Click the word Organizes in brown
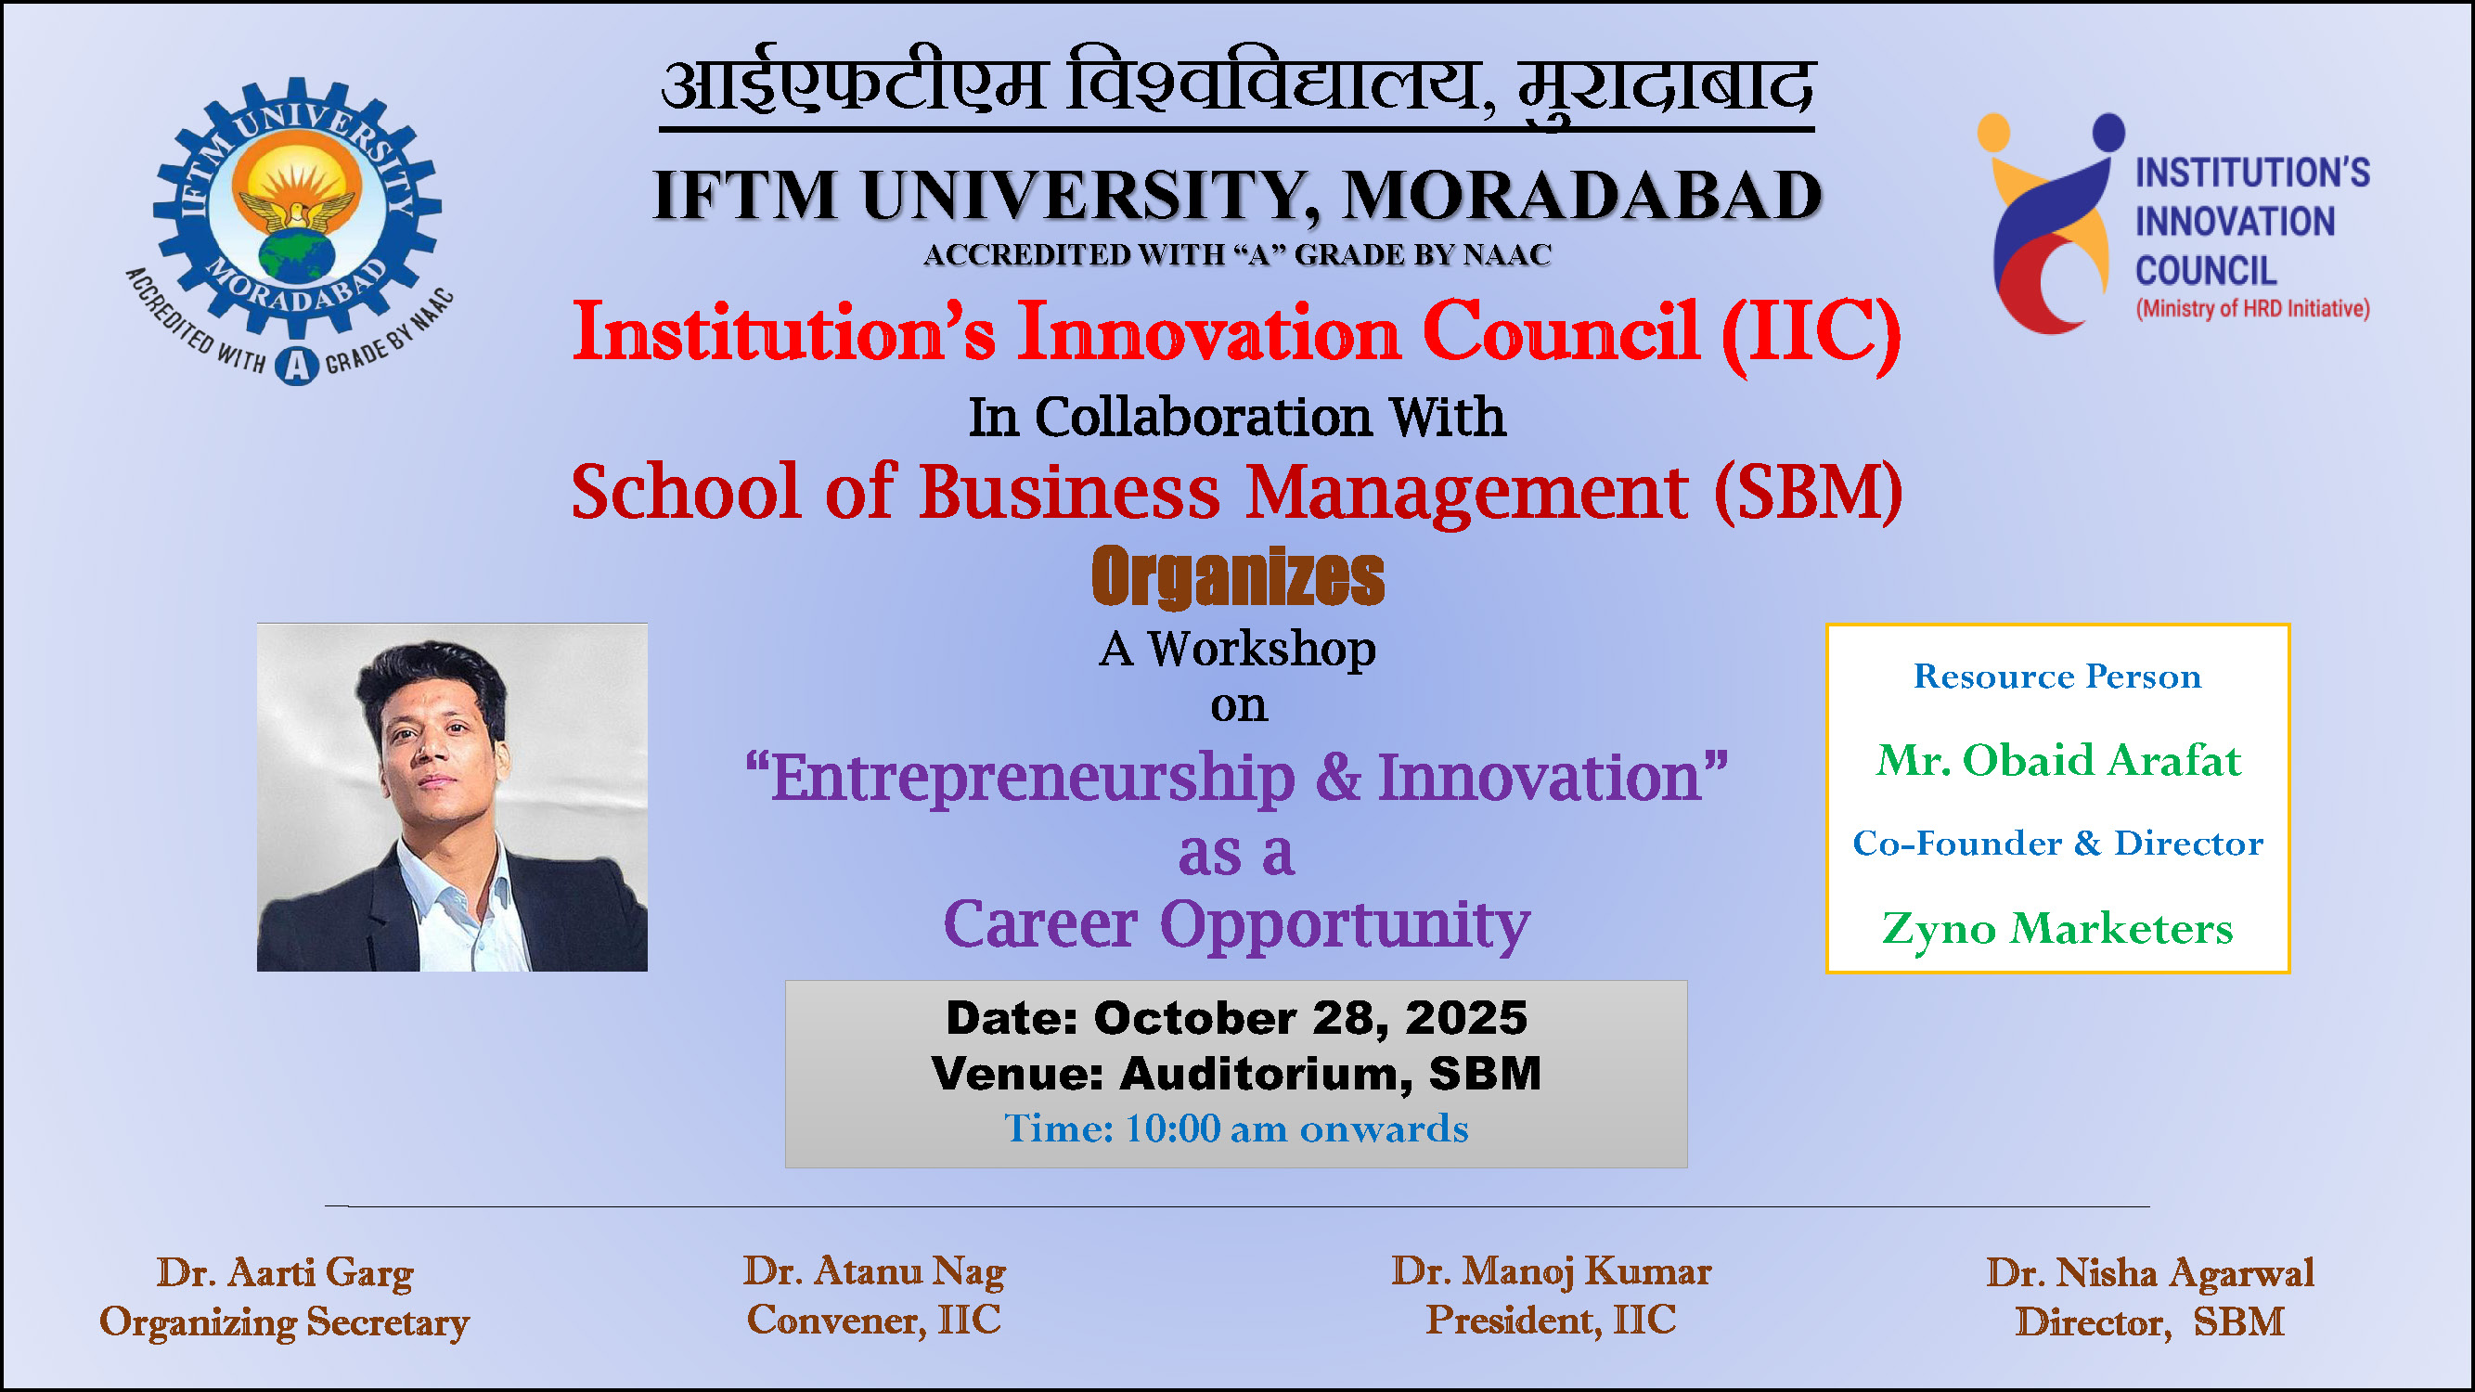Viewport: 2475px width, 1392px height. pyautogui.click(x=1238, y=576)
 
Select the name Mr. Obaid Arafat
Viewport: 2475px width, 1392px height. pyautogui.click(x=2058, y=760)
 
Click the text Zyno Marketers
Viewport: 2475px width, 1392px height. pyautogui.click(x=2057, y=928)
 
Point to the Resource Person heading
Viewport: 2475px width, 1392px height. pyautogui.click(x=2057, y=677)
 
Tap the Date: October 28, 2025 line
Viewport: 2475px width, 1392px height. pyautogui.click(x=1235, y=1017)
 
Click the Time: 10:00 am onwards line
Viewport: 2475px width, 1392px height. pyautogui.click(x=1235, y=1128)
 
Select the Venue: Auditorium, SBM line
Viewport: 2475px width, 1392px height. pyautogui.click(x=1235, y=1073)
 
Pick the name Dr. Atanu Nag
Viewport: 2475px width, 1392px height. pyautogui.click(x=873, y=1271)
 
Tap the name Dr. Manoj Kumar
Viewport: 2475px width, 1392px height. pyautogui.click(x=1551, y=1271)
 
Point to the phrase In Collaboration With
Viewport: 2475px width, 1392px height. pyautogui.click(x=1236, y=417)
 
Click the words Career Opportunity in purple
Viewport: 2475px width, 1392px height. pyautogui.click(x=1236, y=924)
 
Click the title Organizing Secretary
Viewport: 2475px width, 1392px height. pyautogui.click(x=285, y=1321)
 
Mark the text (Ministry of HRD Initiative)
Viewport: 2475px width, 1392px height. pyautogui.click(x=2252, y=308)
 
